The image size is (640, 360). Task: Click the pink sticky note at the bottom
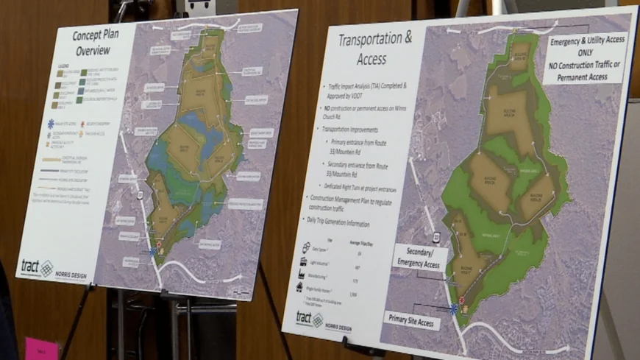point(41,349)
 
